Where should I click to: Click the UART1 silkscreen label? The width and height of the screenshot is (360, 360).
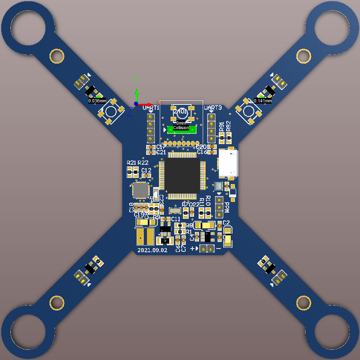point(151,108)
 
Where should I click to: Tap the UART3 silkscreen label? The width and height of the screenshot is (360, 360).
point(213,108)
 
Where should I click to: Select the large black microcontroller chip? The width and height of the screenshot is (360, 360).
point(182,175)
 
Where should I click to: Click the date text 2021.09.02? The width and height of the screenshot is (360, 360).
point(152,250)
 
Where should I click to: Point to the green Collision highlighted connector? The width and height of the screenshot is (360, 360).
point(181,129)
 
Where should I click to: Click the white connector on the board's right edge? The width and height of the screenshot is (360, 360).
point(228,163)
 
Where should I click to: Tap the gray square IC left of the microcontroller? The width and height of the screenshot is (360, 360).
point(140,190)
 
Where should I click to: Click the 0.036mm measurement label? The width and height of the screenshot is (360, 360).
point(97,101)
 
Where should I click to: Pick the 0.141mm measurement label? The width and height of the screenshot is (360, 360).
point(263,101)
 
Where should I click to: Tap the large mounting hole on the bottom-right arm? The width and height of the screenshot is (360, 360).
point(332,332)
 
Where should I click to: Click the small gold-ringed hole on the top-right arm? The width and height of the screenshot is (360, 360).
point(303,56)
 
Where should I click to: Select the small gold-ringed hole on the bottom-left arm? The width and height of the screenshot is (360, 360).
point(57,303)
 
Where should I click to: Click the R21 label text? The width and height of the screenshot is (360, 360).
point(131,163)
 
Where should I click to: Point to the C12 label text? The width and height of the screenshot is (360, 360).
point(146,170)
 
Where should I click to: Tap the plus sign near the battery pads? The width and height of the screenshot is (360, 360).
point(192,249)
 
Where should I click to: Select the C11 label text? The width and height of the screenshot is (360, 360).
point(175,219)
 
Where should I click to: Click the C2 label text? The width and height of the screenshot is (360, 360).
point(226,223)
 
